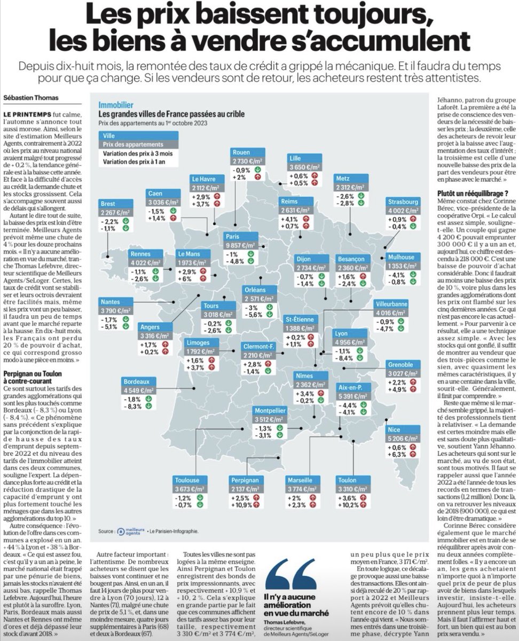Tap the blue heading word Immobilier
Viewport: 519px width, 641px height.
click(x=115, y=105)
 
